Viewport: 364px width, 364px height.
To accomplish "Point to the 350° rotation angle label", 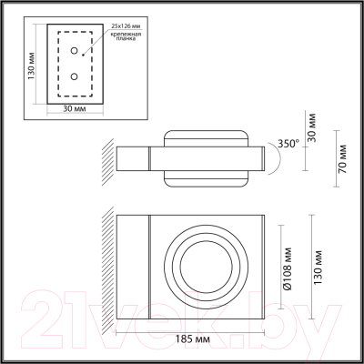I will [x=288, y=143].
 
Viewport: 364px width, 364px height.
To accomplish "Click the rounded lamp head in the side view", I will [x=207, y=159].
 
